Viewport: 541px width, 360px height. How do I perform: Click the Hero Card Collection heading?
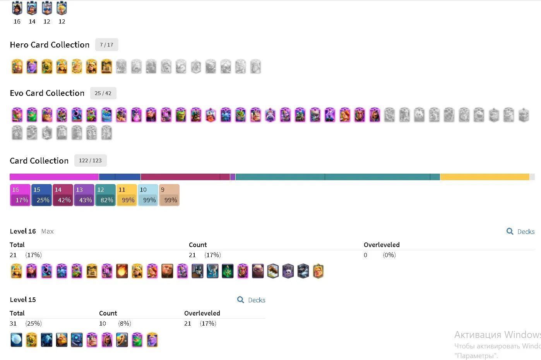50,45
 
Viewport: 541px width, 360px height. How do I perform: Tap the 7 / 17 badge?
106,45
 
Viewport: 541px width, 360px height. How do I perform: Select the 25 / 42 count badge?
103,93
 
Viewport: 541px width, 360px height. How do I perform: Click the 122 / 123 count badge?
90,160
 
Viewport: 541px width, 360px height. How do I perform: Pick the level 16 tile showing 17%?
20,195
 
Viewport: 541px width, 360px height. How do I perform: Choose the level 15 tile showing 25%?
41,195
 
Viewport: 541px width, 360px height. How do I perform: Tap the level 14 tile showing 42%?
63,195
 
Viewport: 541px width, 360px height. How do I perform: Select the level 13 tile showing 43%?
84,195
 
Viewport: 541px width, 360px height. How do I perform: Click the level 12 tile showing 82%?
105,195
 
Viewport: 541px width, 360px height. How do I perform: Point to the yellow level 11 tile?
127,195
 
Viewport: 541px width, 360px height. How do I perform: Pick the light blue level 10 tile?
148,195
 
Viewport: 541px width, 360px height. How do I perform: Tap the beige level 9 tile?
169,195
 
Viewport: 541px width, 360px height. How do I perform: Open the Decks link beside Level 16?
520,232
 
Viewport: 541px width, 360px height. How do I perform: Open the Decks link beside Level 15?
251,300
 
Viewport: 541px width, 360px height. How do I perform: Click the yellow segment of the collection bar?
485,177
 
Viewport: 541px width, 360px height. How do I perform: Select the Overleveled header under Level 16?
382,245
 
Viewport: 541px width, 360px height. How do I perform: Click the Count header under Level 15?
108,313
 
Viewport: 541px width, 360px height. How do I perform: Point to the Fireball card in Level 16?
122,271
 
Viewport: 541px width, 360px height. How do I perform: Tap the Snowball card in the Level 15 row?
16,340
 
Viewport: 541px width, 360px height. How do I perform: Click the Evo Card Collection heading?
47,93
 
